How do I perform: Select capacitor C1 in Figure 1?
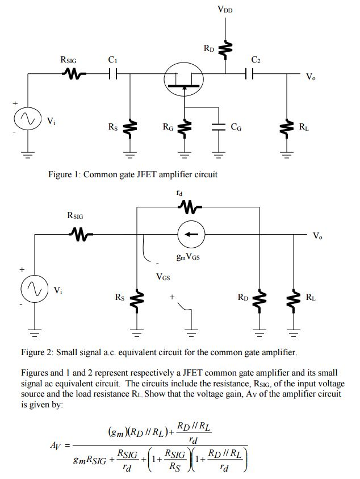(x=112, y=73)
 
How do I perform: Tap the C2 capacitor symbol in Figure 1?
(x=249, y=73)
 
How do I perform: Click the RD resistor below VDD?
(x=225, y=50)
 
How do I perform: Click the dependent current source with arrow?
(x=186, y=234)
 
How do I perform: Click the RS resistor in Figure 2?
(x=137, y=298)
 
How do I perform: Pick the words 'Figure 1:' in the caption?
(x=66, y=174)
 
